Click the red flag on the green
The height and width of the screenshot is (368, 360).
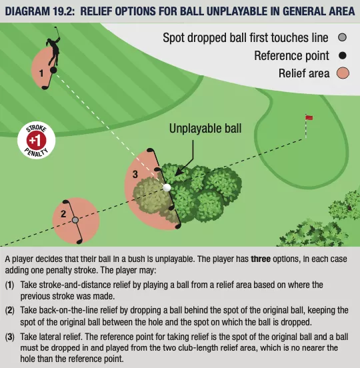point(309,117)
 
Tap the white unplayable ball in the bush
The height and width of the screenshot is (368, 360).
point(167,187)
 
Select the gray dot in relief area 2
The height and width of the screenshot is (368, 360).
point(75,220)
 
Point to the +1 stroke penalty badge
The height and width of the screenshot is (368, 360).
point(37,140)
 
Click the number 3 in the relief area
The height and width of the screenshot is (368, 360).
point(135,175)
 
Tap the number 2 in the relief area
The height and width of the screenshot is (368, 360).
point(63,214)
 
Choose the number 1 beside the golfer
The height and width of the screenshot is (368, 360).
point(41,73)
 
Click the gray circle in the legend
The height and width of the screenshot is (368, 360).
point(343,37)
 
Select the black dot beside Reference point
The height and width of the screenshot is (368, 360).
point(343,55)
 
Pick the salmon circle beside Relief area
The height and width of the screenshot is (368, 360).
point(343,73)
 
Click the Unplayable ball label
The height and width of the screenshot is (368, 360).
point(205,129)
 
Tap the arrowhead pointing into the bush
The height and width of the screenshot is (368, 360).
point(179,173)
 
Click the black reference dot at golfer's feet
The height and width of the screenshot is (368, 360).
point(53,70)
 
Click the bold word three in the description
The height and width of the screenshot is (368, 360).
point(261,259)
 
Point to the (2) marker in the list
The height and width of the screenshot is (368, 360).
point(10,310)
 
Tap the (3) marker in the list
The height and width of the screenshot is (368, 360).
point(10,337)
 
